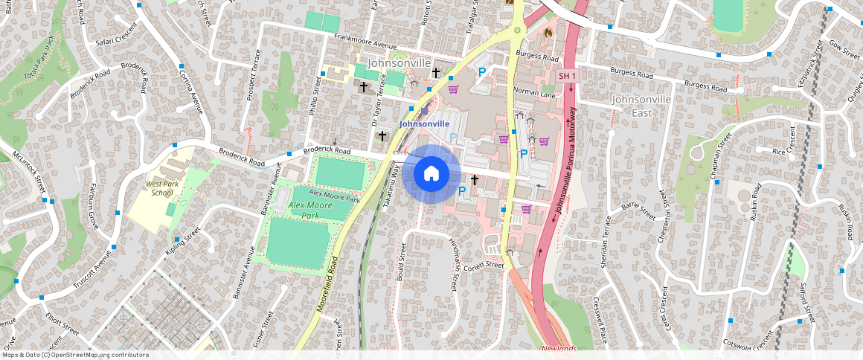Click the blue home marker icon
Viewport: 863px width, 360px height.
point(431,174)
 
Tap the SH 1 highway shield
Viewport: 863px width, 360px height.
point(568,77)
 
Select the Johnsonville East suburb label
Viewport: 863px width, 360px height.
point(641,106)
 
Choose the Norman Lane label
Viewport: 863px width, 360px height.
point(534,93)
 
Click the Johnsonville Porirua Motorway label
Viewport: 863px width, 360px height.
point(567,159)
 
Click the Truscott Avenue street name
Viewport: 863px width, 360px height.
point(92,270)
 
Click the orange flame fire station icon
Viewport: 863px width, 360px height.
point(549,33)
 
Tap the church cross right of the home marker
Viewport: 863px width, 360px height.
point(474,180)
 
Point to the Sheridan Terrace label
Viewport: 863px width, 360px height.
point(609,241)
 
